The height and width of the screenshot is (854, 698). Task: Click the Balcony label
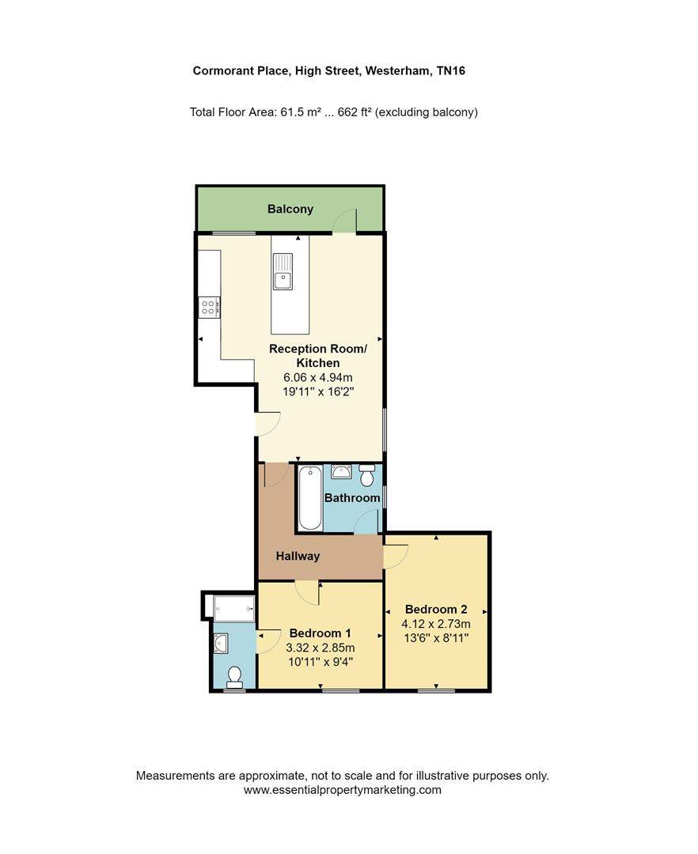(x=290, y=210)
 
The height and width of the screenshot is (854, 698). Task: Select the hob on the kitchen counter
(x=209, y=307)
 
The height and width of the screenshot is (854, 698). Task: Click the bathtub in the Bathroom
(x=309, y=499)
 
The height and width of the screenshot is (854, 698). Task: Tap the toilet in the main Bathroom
(x=367, y=477)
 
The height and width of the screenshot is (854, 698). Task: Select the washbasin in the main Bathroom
(x=342, y=473)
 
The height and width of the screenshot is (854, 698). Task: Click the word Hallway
(x=298, y=556)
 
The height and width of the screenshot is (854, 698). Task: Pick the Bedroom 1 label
(x=320, y=633)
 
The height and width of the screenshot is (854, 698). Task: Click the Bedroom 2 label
(x=436, y=610)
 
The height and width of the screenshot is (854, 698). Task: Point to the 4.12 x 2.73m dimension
(x=437, y=624)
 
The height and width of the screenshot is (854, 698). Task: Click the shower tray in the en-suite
(x=234, y=608)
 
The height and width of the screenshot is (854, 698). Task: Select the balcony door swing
(x=346, y=221)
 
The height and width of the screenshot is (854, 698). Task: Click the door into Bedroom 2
(x=395, y=556)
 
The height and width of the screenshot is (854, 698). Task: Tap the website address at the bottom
(x=342, y=790)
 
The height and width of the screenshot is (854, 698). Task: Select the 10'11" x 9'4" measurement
(x=320, y=662)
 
